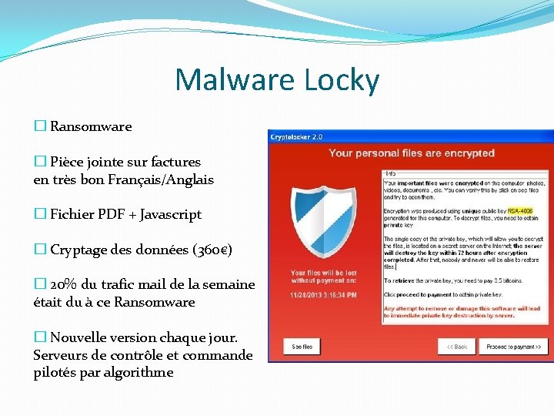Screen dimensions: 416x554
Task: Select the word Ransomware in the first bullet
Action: [91, 126]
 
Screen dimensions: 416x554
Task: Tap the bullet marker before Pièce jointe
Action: [40, 162]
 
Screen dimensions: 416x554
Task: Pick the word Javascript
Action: [171, 214]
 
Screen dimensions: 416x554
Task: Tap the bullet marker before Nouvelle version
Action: [40, 337]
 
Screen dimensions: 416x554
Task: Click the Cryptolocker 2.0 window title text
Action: [296, 137]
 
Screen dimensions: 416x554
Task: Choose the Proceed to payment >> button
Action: [513, 347]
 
